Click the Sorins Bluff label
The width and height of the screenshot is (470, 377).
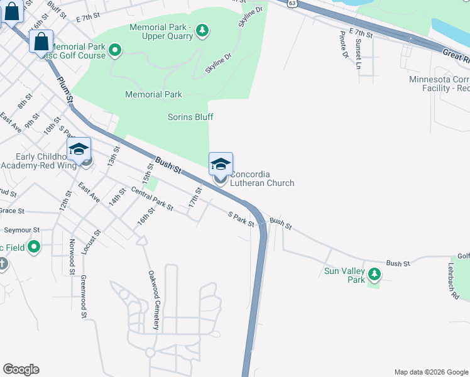pyautogui.click(x=190, y=117)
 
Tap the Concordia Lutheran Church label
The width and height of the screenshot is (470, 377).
pyautogui.click(x=262, y=178)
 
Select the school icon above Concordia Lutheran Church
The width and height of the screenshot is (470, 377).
pyautogui.click(x=221, y=165)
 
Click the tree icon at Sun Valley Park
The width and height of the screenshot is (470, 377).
pyautogui.click(x=374, y=273)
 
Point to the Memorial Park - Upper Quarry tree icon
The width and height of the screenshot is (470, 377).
pyautogui.click(x=202, y=30)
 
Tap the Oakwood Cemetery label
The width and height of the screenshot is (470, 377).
pyautogui.click(x=153, y=300)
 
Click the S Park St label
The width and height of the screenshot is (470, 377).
pyautogui.click(x=241, y=219)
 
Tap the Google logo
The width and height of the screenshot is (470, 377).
pyautogui.click(x=21, y=369)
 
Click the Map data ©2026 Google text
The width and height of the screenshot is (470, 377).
pyautogui.click(x=430, y=372)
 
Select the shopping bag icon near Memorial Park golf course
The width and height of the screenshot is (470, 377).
pyautogui.click(x=41, y=42)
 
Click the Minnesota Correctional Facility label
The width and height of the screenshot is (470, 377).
pyautogui.click(x=439, y=84)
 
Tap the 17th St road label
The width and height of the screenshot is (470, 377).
pyautogui.click(x=195, y=198)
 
